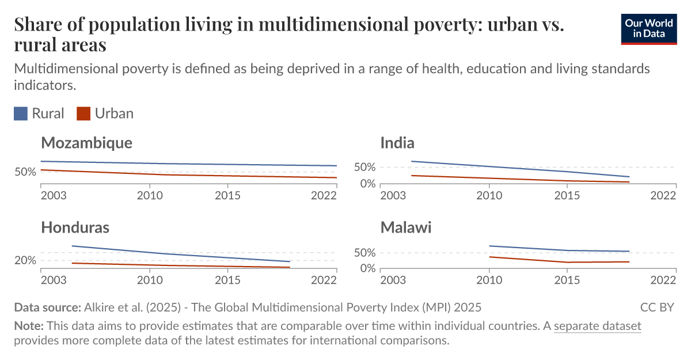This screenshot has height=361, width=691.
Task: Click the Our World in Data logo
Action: tap(648, 28)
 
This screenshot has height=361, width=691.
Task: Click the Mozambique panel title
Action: tap(86, 143)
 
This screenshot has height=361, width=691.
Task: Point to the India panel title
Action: tap(397, 143)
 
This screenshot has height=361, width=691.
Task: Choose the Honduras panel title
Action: tap(75, 227)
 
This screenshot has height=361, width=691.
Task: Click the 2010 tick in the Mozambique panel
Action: tap(150, 195)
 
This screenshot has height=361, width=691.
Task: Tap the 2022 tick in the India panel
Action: tap(662, 195)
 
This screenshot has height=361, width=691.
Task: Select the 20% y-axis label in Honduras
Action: tap(25, 260)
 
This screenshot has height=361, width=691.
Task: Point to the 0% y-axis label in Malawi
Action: tap(367, 269)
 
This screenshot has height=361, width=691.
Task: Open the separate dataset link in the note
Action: tap(597, 326)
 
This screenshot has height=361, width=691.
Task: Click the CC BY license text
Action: tap(657, 307)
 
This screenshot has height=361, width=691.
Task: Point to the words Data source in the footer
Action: tap(47, 307)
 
